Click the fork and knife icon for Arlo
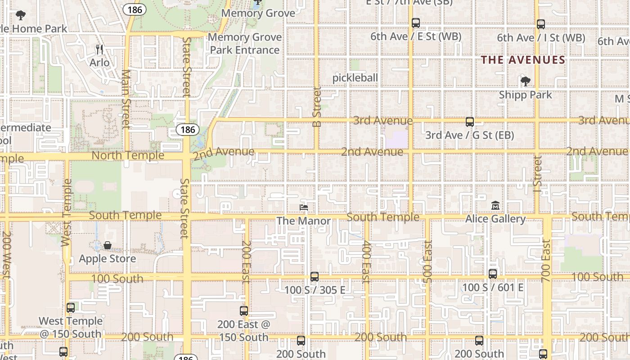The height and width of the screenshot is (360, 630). click(x=99, y=49)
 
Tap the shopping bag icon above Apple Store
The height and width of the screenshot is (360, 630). click(x=108, y=245)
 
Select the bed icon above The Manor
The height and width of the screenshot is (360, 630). click(x=304, y=207)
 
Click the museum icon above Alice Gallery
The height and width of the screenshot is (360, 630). click(x=495, y=205)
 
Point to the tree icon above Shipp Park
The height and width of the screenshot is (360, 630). click(x=525, y=81)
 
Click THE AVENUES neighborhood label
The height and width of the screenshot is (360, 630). click(x=523, y=60)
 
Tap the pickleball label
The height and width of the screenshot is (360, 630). click(x=355, y=78)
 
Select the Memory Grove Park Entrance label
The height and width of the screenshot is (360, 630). click(x=245, y=43)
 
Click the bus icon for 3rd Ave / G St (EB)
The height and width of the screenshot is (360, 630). click(x=469, y=121)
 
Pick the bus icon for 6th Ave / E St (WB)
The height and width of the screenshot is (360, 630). click(x=415, y=22)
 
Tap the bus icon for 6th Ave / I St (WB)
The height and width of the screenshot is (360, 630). click(x=541, y=24)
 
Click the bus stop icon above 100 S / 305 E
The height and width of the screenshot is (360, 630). click(x=315, y=276)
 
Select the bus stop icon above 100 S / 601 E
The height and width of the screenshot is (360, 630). click(x=493, y=274)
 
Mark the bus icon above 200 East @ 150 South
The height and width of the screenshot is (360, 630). click(x=243, y=310)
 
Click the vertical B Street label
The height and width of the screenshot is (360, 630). click(x=317, y=107)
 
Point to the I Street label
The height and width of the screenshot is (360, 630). click(x=537, y=171)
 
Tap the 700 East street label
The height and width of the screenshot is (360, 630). click(x=546, y=261)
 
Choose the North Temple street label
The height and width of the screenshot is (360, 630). click(x=128, y=155)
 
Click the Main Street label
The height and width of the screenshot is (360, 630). click(x=126, y=99)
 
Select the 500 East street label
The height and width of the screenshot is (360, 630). click(x=428, y=261)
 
